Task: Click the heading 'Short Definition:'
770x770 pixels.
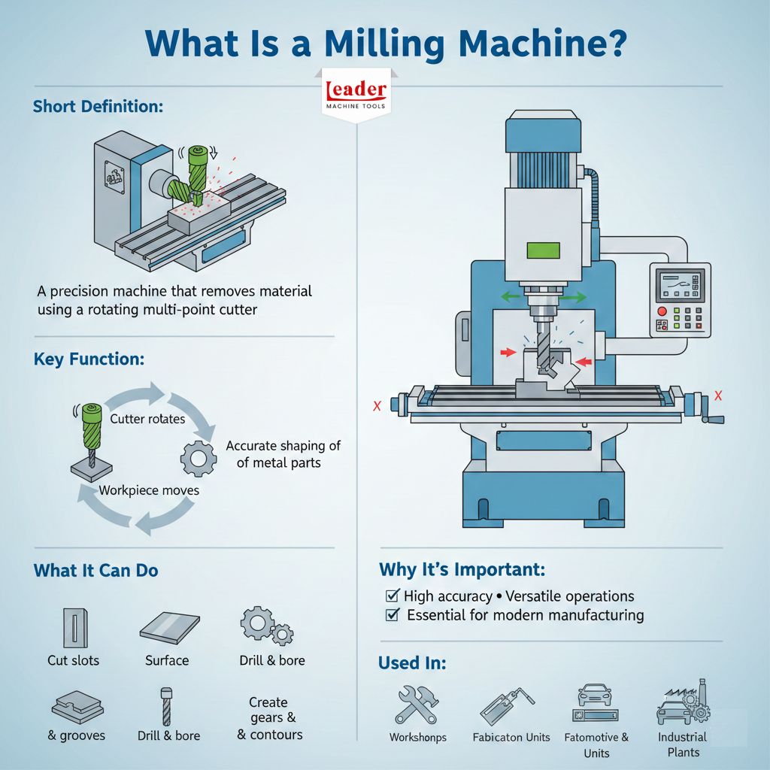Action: (x=98, y=106)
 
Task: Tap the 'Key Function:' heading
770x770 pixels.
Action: (x=89, y=359)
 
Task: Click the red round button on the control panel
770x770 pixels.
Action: (x=662, y=311)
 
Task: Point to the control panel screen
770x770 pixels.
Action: (x=680, y=286)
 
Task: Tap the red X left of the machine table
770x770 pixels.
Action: (x=377, y=406)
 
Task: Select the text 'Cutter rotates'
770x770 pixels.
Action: (x=147, y=419)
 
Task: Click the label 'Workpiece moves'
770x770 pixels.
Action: (x=149, y=490)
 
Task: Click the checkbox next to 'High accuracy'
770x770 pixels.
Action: (x=392, y=596)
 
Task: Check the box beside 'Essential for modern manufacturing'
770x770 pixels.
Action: (x=392, y=615)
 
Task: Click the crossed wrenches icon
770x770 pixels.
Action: (x=417, y=703)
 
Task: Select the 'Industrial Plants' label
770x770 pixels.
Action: (x=683, y=744)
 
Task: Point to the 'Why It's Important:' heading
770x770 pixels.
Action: (x=462, y=568)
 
